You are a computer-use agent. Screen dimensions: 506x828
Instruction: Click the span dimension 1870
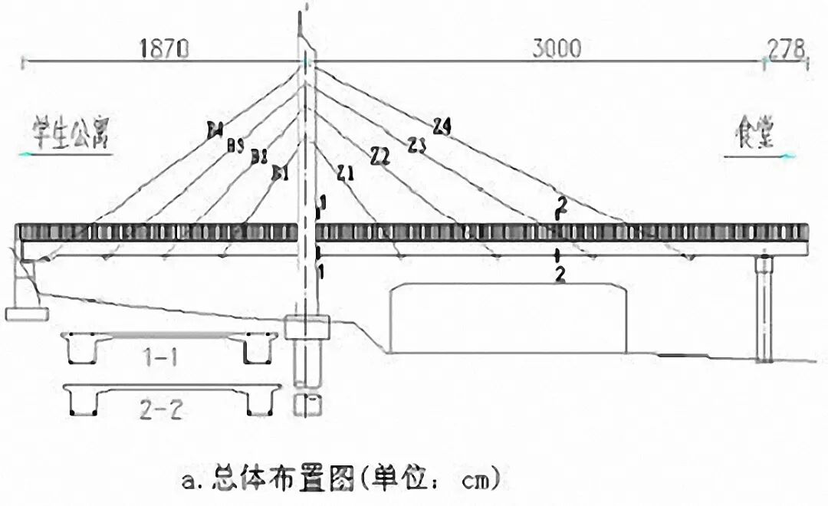tap(163, 49)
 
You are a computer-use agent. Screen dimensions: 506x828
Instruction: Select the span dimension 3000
tap(557, 49)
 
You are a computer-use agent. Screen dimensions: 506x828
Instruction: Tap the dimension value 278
tap(784, 49)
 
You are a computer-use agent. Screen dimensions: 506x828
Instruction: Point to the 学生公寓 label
tap(73, 134)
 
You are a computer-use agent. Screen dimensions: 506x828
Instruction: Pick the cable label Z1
tap(345, 173)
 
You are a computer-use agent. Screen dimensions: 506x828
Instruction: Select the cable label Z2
tap(380, 157)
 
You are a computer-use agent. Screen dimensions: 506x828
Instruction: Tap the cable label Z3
tap(416, 143)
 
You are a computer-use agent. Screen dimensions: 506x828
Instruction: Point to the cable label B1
tap(281, 174)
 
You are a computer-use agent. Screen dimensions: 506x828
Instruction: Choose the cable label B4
tap(215, 130)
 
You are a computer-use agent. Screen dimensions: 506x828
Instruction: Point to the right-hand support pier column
tap(763, 310)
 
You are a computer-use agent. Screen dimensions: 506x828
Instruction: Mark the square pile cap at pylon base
tap(307, 327)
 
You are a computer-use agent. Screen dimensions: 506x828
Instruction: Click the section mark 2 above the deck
tap(562, 205)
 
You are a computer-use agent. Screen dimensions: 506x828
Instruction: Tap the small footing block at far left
tap(27, 312)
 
